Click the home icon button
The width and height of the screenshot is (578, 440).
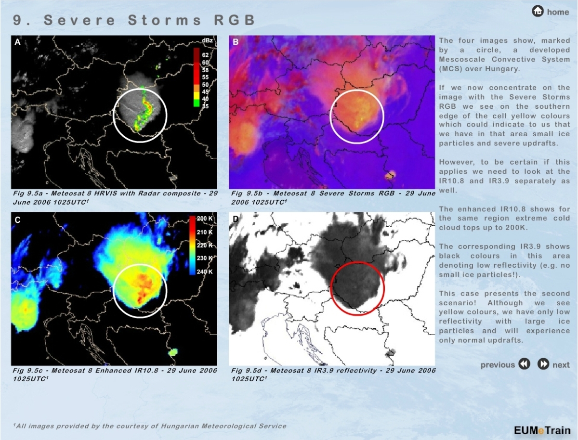pyautogui.click(x=538, y=12)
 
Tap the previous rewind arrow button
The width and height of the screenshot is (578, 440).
pyautogui.click(x=524, y=364)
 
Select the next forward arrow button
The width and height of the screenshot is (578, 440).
pyautogui.click(x=543, y=364)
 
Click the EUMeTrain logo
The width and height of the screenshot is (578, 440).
pyautogui.click(x=542, y=430)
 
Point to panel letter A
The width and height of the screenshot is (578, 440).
pyautogui.click(x=17, y=42)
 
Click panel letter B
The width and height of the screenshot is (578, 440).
pyautogui.click(x=236, y=42)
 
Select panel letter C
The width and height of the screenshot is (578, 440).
pyautogui.click(x=17, y=220)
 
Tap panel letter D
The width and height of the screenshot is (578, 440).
pyautogui.click(x=236, y=219)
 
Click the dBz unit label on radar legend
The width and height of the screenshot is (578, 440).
pyautogui.click(x=207, y=40)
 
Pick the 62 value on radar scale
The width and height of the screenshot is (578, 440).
pyautogui.click(x=205, y=55)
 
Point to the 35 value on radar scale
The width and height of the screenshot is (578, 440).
pyautogui.click(x=205, y=106)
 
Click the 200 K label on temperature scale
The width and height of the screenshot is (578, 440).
pyautogui.click(x=205, y=219)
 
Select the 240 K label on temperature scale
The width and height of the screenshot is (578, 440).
pyautogui.click(x=205, y=272)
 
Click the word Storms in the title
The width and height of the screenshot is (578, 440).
pyautogui.click(x=165, y=20)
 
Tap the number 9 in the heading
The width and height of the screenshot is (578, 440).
pyautogui.click(x=17, y=20)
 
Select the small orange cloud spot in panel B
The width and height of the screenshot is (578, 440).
pyautogui.click(x=390, y=175)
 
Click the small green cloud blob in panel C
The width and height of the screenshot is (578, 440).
pyautogui.click(x=173, y=352)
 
